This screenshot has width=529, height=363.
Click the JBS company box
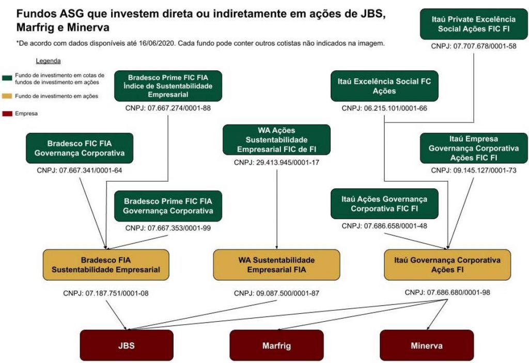127,345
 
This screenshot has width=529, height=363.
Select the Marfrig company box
276,345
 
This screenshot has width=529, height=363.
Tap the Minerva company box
427,345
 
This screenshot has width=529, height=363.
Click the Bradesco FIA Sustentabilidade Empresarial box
106,265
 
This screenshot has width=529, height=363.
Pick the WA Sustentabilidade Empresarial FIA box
276,265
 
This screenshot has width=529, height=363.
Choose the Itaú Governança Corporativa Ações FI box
448,265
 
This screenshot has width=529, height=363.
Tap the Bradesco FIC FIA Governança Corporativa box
79,148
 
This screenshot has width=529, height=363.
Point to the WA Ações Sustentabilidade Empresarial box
276,140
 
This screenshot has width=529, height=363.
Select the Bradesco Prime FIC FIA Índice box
168,86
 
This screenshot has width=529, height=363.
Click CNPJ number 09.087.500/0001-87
276,293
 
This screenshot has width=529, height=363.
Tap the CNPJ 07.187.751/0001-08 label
106,293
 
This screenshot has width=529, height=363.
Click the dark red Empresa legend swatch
8,113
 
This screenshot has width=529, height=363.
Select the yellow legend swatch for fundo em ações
8,96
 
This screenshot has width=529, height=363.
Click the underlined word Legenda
49,61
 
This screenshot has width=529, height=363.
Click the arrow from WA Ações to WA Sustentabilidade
278,207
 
